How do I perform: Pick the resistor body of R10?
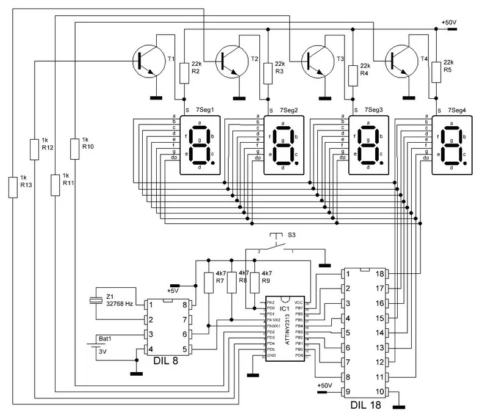click(x=74, y=148)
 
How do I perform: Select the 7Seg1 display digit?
click(x=199, y=143)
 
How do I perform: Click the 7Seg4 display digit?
click(x=451, y=143)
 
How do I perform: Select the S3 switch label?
click(x=292, y=235)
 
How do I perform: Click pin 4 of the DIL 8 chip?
click(x=148, y=349)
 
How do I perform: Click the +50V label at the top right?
click(x=450, y=23)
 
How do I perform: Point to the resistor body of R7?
click(x=208, y=283)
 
